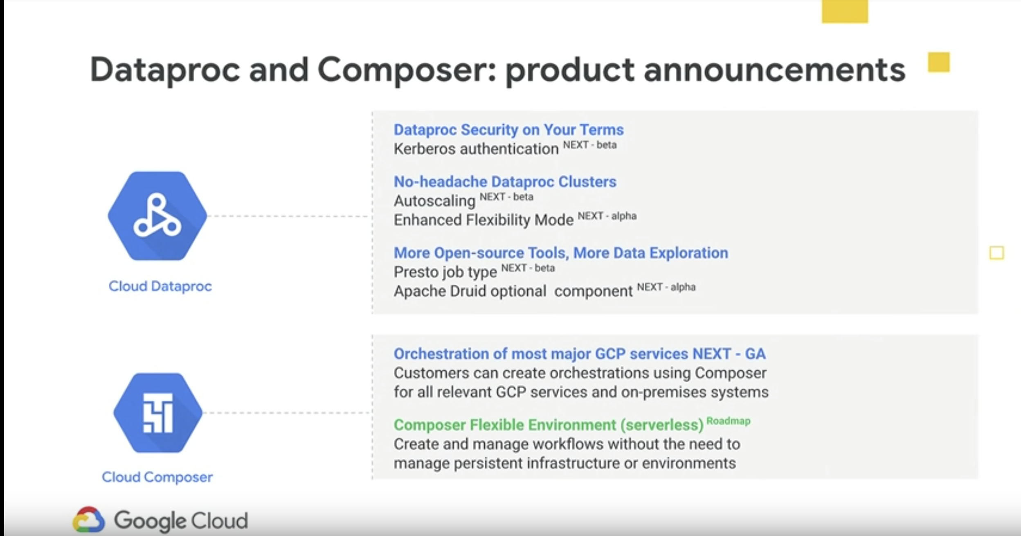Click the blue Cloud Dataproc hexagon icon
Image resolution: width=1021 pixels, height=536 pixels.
coord(157,216)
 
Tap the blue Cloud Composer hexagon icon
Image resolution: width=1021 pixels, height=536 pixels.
coord(158,413)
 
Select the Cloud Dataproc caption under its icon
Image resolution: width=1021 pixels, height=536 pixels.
coord(160,286)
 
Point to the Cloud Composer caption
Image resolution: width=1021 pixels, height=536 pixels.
coord(157,477)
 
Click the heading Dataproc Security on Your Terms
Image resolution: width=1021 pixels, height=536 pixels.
coord(508,130)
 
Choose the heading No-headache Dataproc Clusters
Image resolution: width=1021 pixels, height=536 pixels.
coord(505,181)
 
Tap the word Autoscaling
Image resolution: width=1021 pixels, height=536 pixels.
coord(434,201)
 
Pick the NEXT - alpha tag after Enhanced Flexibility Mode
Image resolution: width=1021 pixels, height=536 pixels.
coord(607,216)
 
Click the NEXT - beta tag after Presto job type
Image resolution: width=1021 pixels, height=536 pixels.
coord(528,268)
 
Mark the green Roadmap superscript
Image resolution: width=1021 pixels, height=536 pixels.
coord(729,421)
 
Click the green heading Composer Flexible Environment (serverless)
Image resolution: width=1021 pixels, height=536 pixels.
coord(549,425)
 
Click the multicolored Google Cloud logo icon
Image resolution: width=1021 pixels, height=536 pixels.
coord(88,520)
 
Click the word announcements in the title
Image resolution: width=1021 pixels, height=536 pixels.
coord(774,70)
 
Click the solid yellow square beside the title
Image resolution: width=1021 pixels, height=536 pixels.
coord(938,62)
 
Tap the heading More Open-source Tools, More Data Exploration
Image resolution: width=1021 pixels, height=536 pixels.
coord(561,253)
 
